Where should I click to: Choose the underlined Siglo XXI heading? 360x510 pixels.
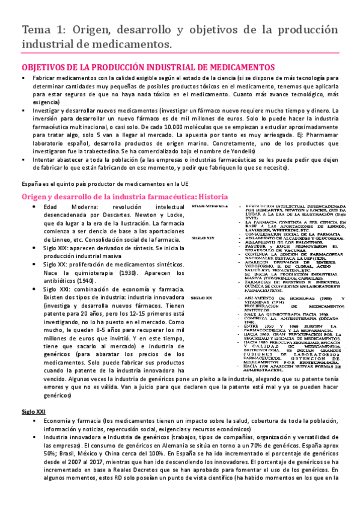(32, 410)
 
